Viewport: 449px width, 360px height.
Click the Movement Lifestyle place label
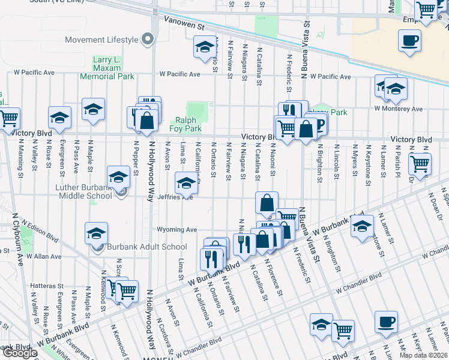102,40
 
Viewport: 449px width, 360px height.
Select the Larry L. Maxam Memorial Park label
107,68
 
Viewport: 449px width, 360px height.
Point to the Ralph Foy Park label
187,124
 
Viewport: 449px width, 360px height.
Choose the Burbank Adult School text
146,247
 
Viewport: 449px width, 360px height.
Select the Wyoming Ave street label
177,230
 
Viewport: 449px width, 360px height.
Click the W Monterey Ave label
398,109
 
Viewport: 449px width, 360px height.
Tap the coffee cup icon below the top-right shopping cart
410,41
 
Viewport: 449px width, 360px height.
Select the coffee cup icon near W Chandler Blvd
386,322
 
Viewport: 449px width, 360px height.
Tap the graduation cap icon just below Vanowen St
204,46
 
